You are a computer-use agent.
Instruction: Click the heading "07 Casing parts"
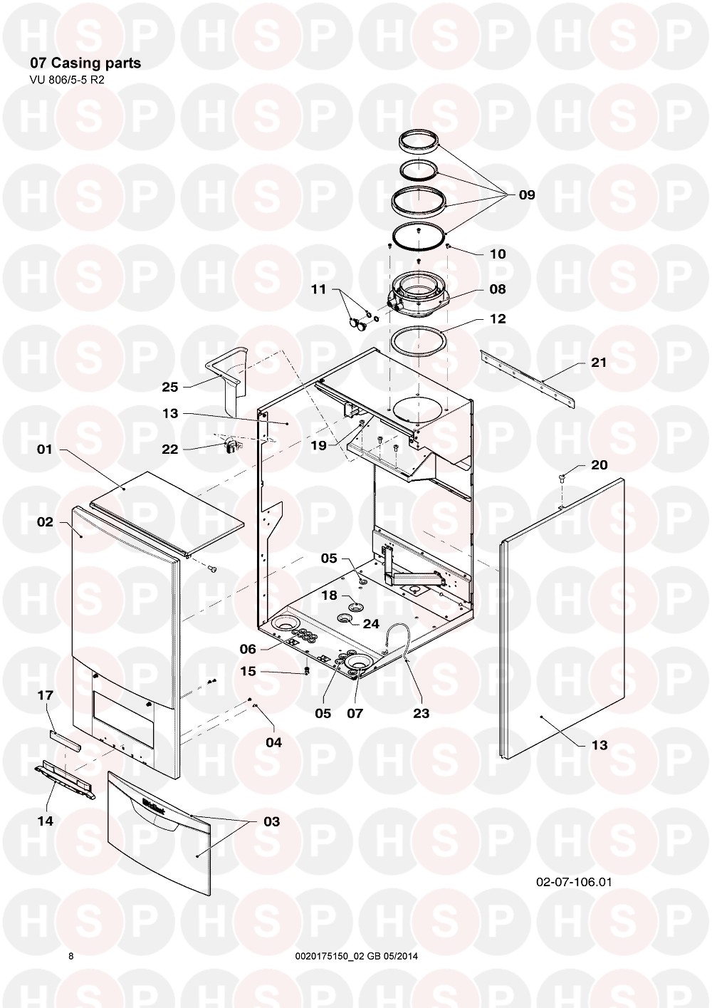85,63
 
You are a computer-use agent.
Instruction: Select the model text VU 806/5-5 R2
66,80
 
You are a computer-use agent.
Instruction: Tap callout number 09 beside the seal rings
527,195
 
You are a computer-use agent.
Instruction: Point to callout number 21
598,363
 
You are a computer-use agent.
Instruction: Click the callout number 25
170,387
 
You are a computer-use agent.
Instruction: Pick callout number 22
170,449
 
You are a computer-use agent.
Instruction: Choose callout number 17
45,696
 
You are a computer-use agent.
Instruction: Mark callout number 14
45,821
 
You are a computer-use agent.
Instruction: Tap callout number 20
599,465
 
